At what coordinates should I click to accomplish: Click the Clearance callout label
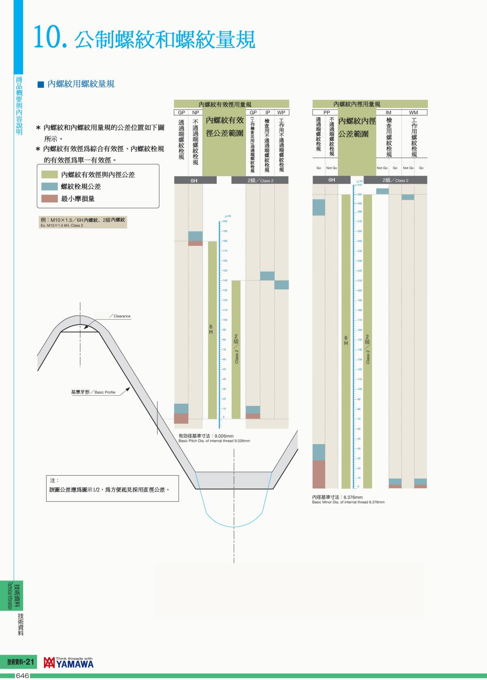click(x=122, y=316)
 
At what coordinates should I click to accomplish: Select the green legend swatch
click(x=50, y=175)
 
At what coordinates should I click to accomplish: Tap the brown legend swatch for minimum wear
click(x=50, y=199)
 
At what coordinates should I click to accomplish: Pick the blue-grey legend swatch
click(x=50, y=186)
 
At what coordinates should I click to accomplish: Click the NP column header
click(x=196, y=113)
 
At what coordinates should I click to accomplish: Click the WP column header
click(x=281, y=113)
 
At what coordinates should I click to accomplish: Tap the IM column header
click(x=388, y=113)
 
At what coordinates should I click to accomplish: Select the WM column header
click(x=414, y=113)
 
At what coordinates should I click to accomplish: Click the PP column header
click(x=327, y=113)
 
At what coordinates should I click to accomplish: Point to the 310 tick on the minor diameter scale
click(x=359, y=185)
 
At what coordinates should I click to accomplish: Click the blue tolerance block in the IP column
click(x=267, y=276)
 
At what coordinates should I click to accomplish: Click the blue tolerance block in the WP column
click(x=281, y=285)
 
